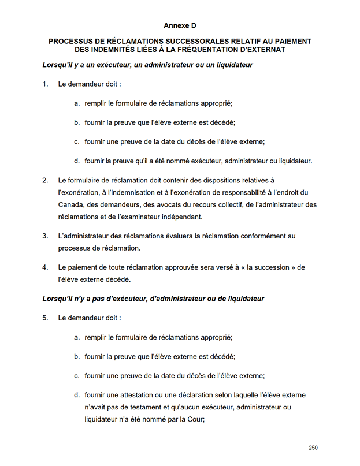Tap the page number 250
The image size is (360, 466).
click(x=313, y=448)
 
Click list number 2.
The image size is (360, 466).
click(x=45, y=180)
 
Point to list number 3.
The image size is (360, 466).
click(x=45, y=236)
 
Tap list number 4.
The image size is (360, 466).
click(x=45, y=268)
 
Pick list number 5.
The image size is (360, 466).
click(x=45, y=318)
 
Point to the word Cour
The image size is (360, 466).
click(x=195, y=420)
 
